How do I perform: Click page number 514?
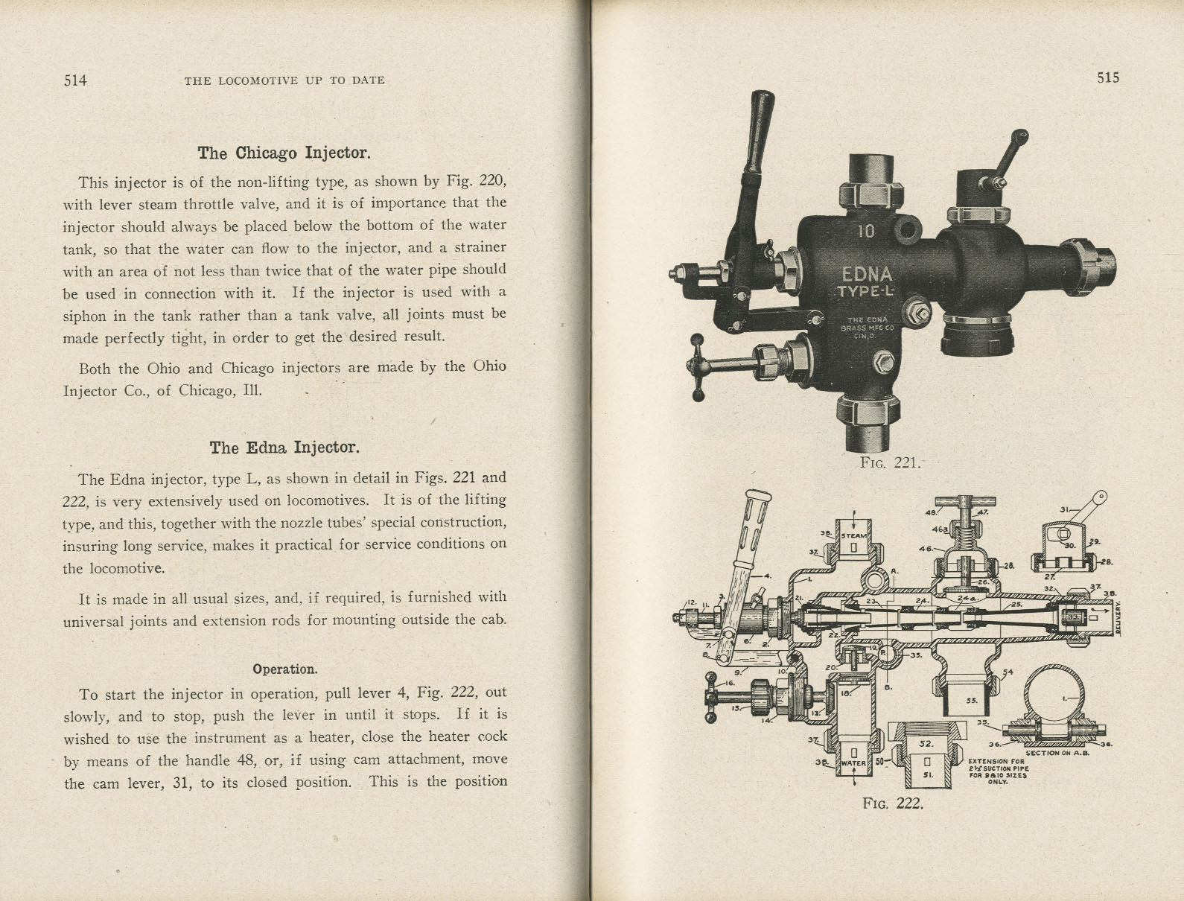(75, 80)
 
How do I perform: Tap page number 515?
(1107, 77)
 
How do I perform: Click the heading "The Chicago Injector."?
(283, 153)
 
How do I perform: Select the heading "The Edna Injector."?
(284, 448)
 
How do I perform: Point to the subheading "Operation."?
(284, 669)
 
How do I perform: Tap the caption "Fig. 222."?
(892, 803)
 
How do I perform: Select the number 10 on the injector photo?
(865, 232)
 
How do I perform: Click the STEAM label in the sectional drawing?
(854, 535)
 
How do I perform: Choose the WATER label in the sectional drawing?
(853, 763)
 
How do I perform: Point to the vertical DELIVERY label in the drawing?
(1118, 619)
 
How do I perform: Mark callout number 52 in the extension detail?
(926, 743)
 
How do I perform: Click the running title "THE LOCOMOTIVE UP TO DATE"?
(284, 80)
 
